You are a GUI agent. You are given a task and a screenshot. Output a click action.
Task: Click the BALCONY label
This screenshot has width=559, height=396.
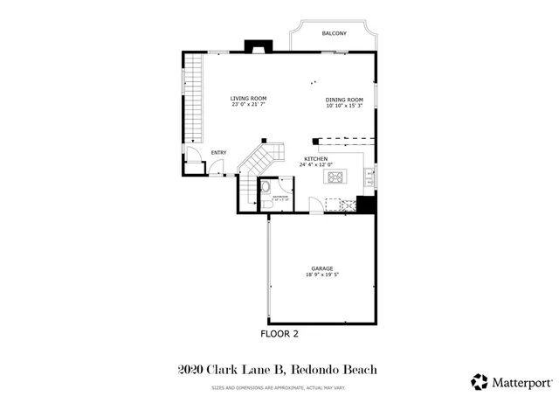click(334, 33)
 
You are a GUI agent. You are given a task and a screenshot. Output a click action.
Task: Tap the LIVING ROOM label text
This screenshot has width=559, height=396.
click(248, 98)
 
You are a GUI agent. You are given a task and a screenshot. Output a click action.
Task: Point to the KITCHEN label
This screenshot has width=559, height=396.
click(315, 158)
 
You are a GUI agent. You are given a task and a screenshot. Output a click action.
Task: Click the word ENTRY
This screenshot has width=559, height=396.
click(218, 153)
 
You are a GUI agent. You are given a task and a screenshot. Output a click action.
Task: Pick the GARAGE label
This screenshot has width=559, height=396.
click(322, 267)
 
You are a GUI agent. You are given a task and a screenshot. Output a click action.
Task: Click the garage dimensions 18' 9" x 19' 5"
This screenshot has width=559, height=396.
click(322, 274)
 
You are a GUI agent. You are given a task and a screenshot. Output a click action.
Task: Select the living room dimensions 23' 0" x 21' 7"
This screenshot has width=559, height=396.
click(248, 105)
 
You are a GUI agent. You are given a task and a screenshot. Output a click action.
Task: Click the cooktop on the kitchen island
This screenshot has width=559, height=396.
click(335, 177)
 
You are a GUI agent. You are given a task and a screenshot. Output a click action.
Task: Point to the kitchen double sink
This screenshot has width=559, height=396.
click(336, 205)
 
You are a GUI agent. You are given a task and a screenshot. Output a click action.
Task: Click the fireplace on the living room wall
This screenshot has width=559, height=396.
click(258, 46)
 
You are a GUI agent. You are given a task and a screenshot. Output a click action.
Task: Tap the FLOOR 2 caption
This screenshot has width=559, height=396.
click(279, 333)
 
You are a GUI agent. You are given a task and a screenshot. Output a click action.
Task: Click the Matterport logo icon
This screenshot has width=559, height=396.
click(480, 381)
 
